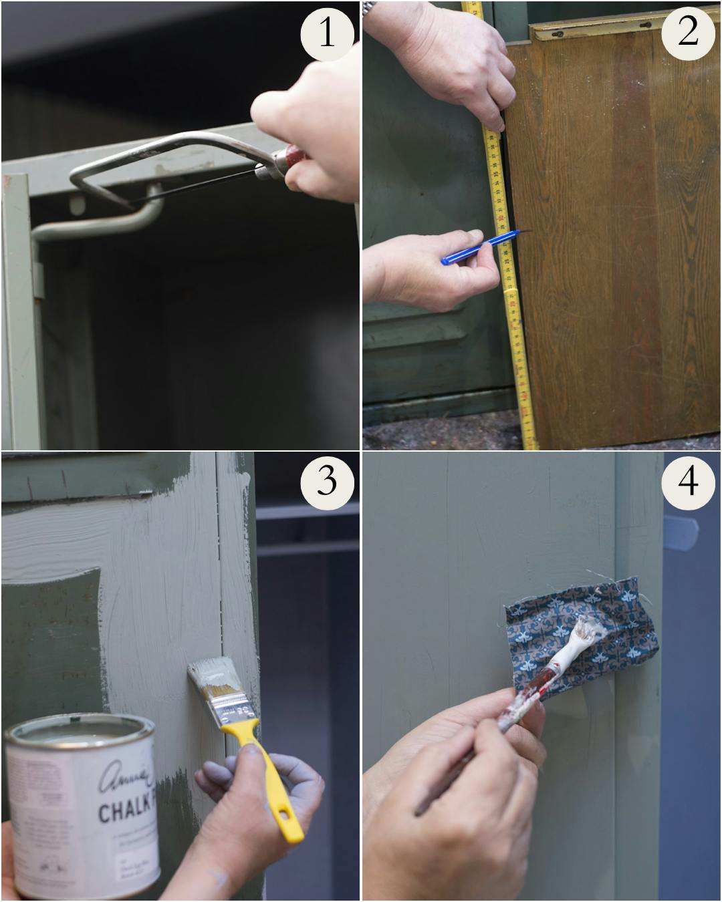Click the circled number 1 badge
[326, 32]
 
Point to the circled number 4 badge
[688, 480]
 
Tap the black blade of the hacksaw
[194, 188]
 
